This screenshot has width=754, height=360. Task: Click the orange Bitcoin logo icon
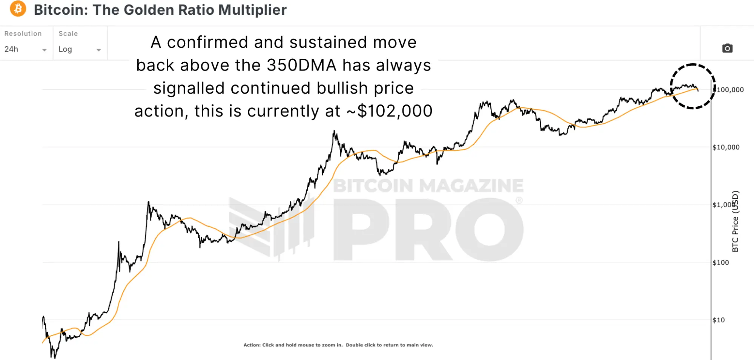coord(18,9)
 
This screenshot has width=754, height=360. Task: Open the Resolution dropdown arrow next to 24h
coord(44,50)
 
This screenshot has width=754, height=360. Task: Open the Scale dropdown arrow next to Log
coord(98,50)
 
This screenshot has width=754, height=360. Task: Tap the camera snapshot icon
coord(727,48)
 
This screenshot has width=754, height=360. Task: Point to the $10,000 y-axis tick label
coord(726,147)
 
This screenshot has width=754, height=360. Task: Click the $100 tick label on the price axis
coord(720,262)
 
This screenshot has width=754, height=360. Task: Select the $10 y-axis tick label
coord(719,320)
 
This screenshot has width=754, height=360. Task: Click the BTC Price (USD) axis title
coord(735,221)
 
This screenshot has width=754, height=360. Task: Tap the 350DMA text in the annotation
coord(301,65)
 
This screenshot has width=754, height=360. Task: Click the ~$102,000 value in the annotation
coord(389,111)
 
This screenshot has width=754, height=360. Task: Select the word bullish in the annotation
coord(342,88)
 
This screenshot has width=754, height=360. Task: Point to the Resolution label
coord(23,34)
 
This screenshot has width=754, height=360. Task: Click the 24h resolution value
coord(11,49)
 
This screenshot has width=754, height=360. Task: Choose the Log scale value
coord(65,49)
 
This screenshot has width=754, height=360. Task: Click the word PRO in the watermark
coord(428,230)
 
